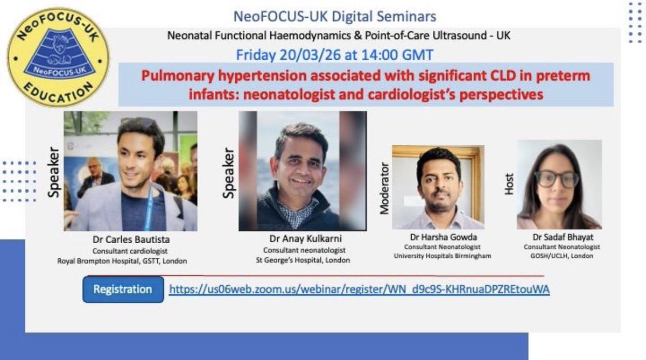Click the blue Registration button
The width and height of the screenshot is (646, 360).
[x=123, y=290]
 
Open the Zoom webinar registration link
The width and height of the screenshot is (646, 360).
[x=359, y=290]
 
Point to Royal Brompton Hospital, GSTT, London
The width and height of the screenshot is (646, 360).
[x=123, y=261]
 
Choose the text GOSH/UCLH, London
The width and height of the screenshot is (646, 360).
[x=559, y=256]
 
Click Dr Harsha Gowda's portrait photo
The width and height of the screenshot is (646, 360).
[x=438, y=187]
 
